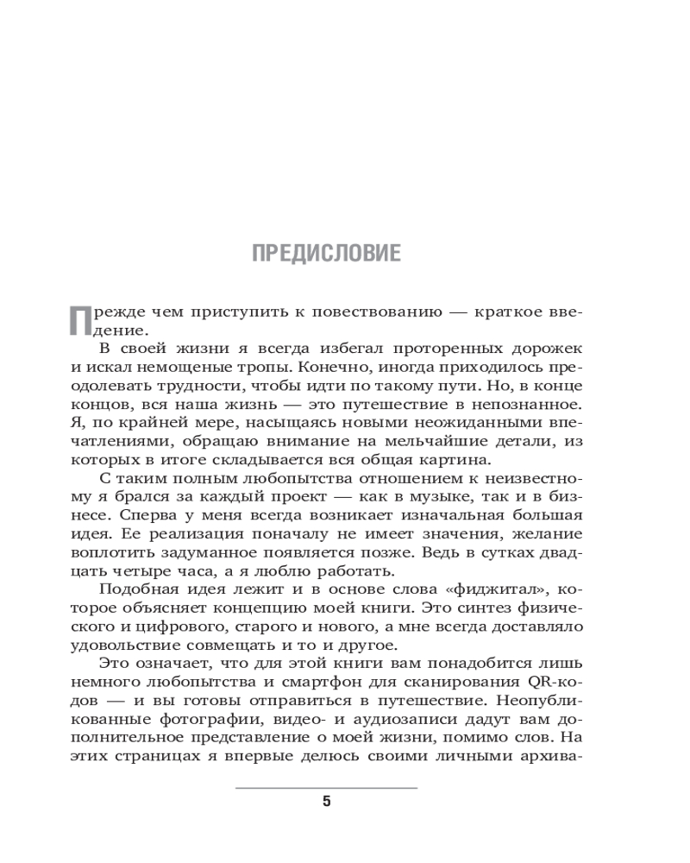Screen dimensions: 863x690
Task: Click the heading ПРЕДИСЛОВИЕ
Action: (326, 254)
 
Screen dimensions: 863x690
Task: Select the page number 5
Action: (326, 802)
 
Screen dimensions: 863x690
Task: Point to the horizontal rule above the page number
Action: (326, 787)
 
